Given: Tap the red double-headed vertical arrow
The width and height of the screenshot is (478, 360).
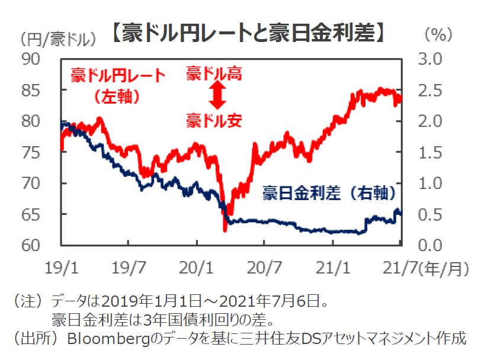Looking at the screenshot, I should tap(216, 95).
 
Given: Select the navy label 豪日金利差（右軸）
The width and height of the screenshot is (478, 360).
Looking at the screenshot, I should tap(329, 194).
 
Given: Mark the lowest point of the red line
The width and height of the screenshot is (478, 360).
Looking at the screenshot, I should tap(225, 230).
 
